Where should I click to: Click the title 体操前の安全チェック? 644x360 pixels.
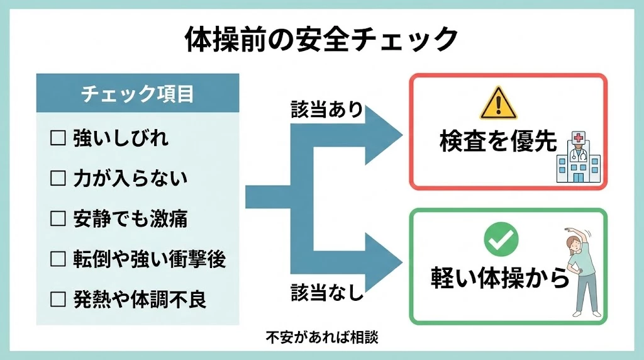click(321, 40)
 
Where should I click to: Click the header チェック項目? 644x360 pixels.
click(138, 94)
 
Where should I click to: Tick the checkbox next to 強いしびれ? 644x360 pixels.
click(58, 138)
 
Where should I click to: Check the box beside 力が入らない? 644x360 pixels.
click(58, 179)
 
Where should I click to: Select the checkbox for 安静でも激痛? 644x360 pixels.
click(58, 219)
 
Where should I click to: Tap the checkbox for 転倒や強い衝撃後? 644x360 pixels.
click(58, 259)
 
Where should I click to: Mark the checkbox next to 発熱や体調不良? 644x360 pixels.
click(58, 300)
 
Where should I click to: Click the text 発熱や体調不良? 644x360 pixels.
click(140, 300)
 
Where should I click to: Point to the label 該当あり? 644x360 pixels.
click(326, 110)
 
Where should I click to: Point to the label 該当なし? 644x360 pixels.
click(326, 292)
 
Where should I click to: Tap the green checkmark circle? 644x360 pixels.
click(501, 238)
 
